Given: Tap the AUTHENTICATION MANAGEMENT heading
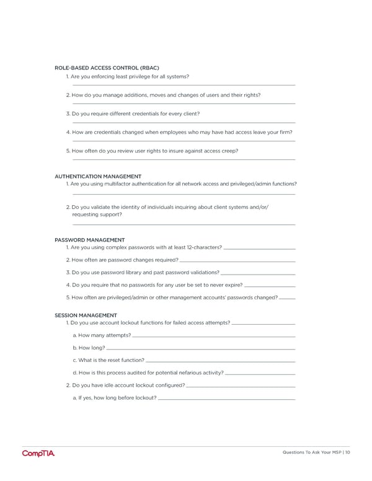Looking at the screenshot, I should point(98,176).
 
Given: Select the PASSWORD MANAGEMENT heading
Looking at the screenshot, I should point(89,240).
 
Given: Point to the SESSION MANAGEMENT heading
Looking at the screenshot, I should point(86,316).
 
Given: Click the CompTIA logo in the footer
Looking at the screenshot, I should point(38,454).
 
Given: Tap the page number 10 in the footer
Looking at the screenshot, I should point(348,452).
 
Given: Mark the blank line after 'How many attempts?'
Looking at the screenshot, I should point(214,337).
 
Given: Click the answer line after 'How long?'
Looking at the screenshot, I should point(201,349).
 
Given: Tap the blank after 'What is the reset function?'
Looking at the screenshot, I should point(221,361).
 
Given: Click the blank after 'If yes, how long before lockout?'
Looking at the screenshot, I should point(227,399).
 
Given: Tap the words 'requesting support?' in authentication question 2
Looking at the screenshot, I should point(97,214).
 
